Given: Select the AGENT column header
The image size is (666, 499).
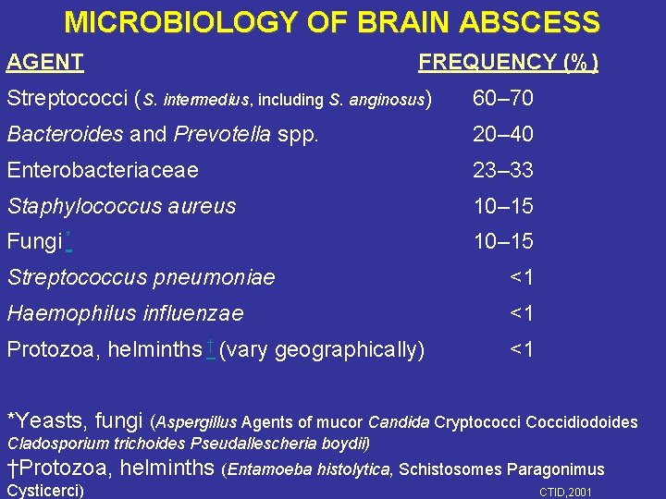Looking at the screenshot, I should click(x=45, y=63).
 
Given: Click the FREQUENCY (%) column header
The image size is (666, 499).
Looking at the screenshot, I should click(x=508, y=63).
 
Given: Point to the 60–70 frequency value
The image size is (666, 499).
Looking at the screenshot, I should click(x=502, y=99).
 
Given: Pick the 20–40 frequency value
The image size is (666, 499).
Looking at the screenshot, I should click(x=502, y=135).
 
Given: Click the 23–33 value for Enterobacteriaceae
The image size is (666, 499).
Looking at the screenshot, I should click(x=502, y=171).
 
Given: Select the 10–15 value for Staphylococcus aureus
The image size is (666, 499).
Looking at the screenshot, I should click(x=502, y=206).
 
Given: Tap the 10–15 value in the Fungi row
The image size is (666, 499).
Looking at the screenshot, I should click(x=502, y=242).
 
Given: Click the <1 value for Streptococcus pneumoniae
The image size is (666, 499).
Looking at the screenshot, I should click(x=522, y=278).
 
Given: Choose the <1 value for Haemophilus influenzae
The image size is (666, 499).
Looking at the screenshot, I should click(x=522, y=314).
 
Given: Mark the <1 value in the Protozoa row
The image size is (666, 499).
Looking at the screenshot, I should click(x=522, y=350).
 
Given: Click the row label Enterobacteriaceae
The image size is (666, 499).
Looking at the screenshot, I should click(x=102, y=171).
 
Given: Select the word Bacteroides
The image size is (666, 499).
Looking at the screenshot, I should click(x=65, y=135).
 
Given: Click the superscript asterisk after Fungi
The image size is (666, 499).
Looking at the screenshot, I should click(x=69, y=237).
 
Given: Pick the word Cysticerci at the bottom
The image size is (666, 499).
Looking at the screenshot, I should click(x=44, y=490).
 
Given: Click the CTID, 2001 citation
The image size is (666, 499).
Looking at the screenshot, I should click(x=565, y=492).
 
